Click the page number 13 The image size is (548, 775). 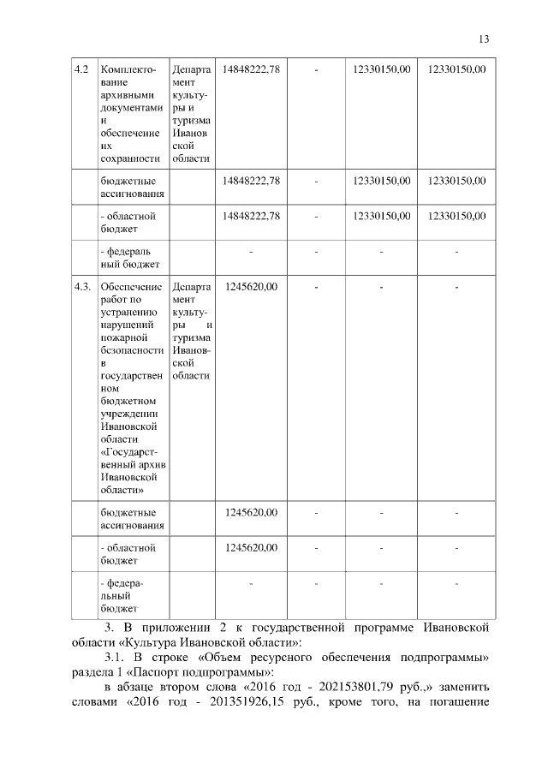click(x=484, y=39)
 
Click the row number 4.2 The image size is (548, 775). click(x=82, y=69)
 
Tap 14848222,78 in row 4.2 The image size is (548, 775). click(x=252, y=69)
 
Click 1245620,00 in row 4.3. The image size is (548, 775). click(x=252, y=286)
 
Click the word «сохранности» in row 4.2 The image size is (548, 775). click(x=131, y=158)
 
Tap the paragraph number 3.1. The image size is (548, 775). click(x=111, y=656)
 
